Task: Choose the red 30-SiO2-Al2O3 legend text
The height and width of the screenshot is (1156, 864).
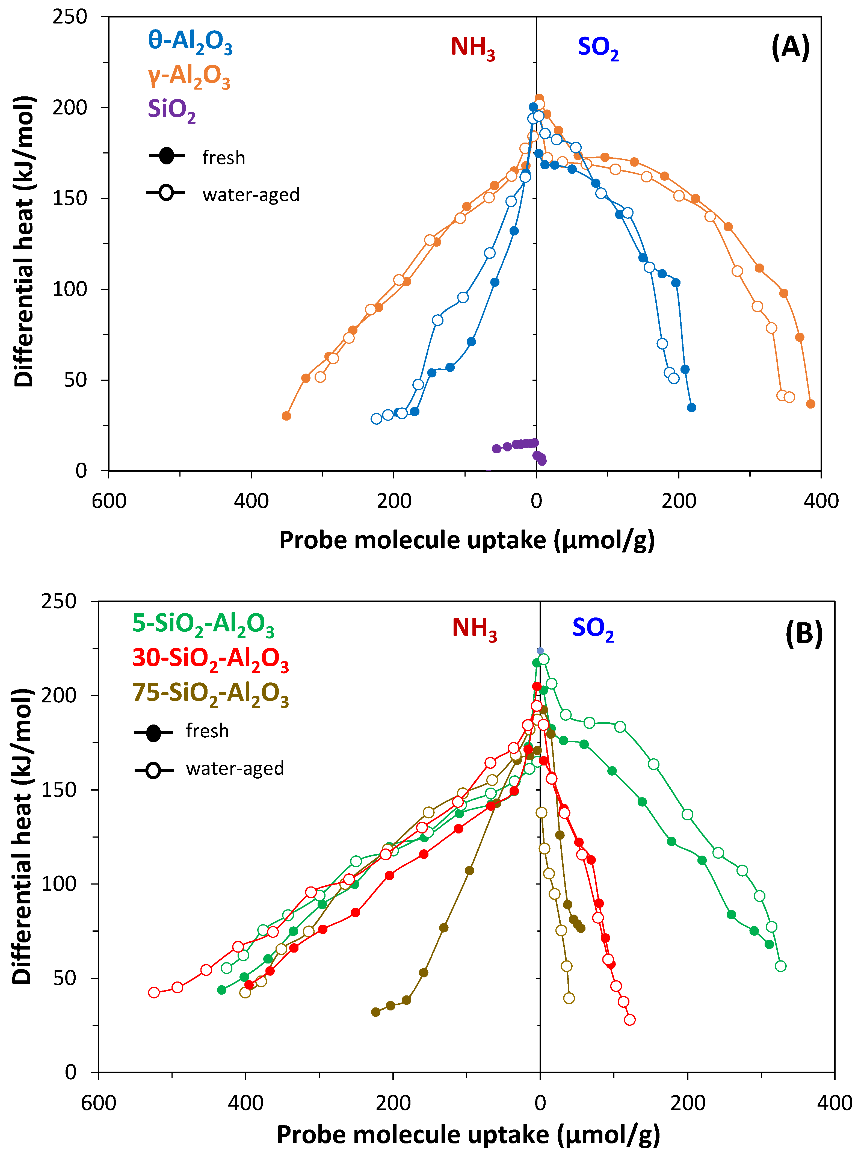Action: [x=210, y=659]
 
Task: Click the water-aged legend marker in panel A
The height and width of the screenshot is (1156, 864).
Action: [x=166, y=193]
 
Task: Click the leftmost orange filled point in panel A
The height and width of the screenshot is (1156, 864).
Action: [x=286, y=416]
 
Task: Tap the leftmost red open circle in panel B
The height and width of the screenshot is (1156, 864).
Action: [x=154, y=992]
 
